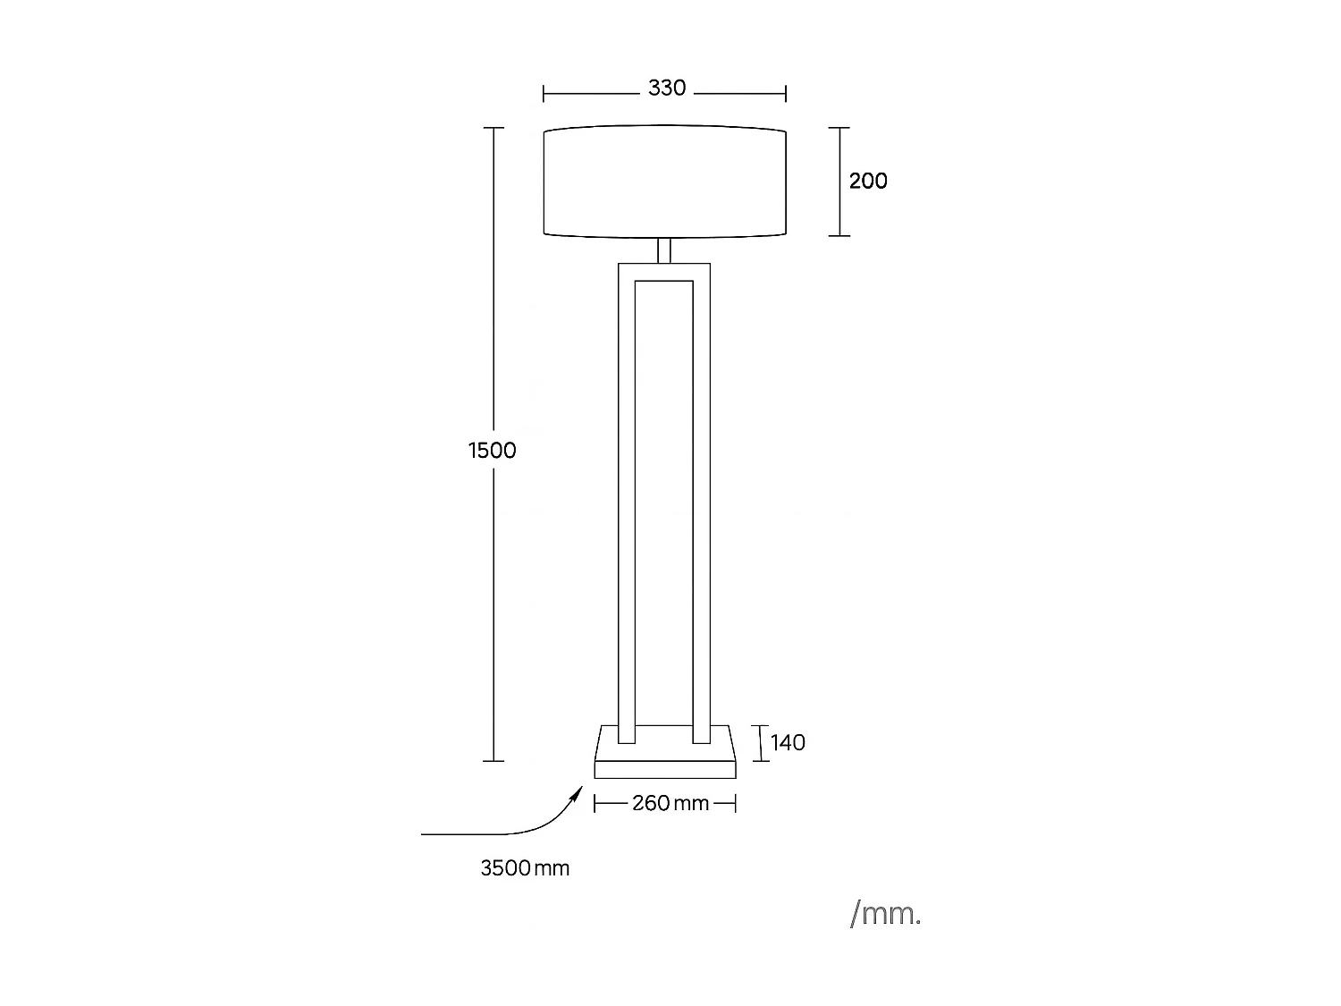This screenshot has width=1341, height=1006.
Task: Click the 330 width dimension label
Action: pos(667,88)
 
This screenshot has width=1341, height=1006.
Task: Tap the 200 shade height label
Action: pos(867,181)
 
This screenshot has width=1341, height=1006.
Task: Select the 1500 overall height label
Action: pos(492,450)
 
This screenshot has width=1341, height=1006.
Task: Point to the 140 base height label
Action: pos(788,742)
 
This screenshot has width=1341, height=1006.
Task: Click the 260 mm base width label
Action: pos(670,803)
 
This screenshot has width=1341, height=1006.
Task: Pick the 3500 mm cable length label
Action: pos(525,868)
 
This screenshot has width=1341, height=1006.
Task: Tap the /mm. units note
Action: pos(885,915)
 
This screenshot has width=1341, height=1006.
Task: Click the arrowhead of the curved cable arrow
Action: pos(578,793)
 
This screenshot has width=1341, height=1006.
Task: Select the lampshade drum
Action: pos(665,182)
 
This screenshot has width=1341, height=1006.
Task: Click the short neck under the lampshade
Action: pos(664,250)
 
